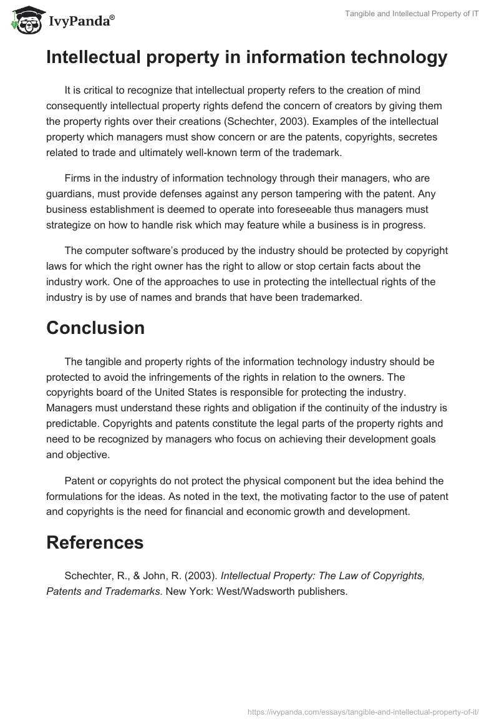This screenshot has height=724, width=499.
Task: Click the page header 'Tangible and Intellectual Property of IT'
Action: click(412, 13)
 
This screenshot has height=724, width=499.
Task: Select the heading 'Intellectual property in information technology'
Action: click(246, 57)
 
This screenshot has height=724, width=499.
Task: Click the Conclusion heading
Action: click(95, 328)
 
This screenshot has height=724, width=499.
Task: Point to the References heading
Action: click(95, 542)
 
